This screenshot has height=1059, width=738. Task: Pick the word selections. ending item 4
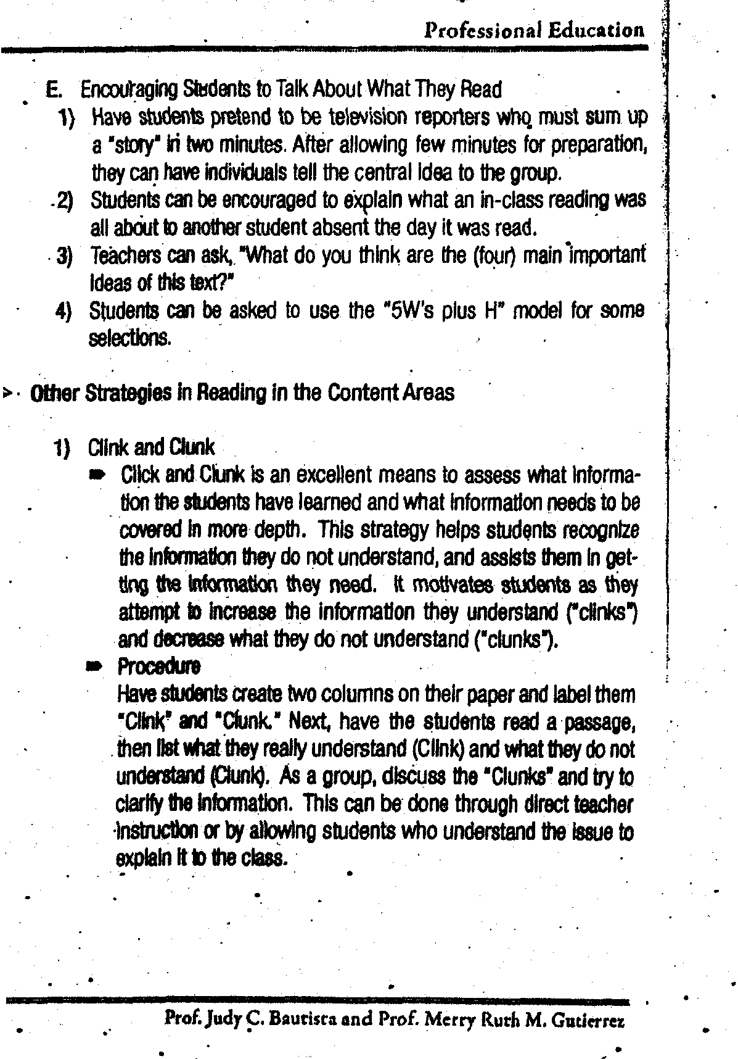(x=129, y=338)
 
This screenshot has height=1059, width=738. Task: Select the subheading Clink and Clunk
(x=151, y=446)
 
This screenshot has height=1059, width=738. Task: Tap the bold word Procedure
(x=158, y=666)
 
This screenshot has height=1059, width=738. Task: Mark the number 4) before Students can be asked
(x=64, y=310)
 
